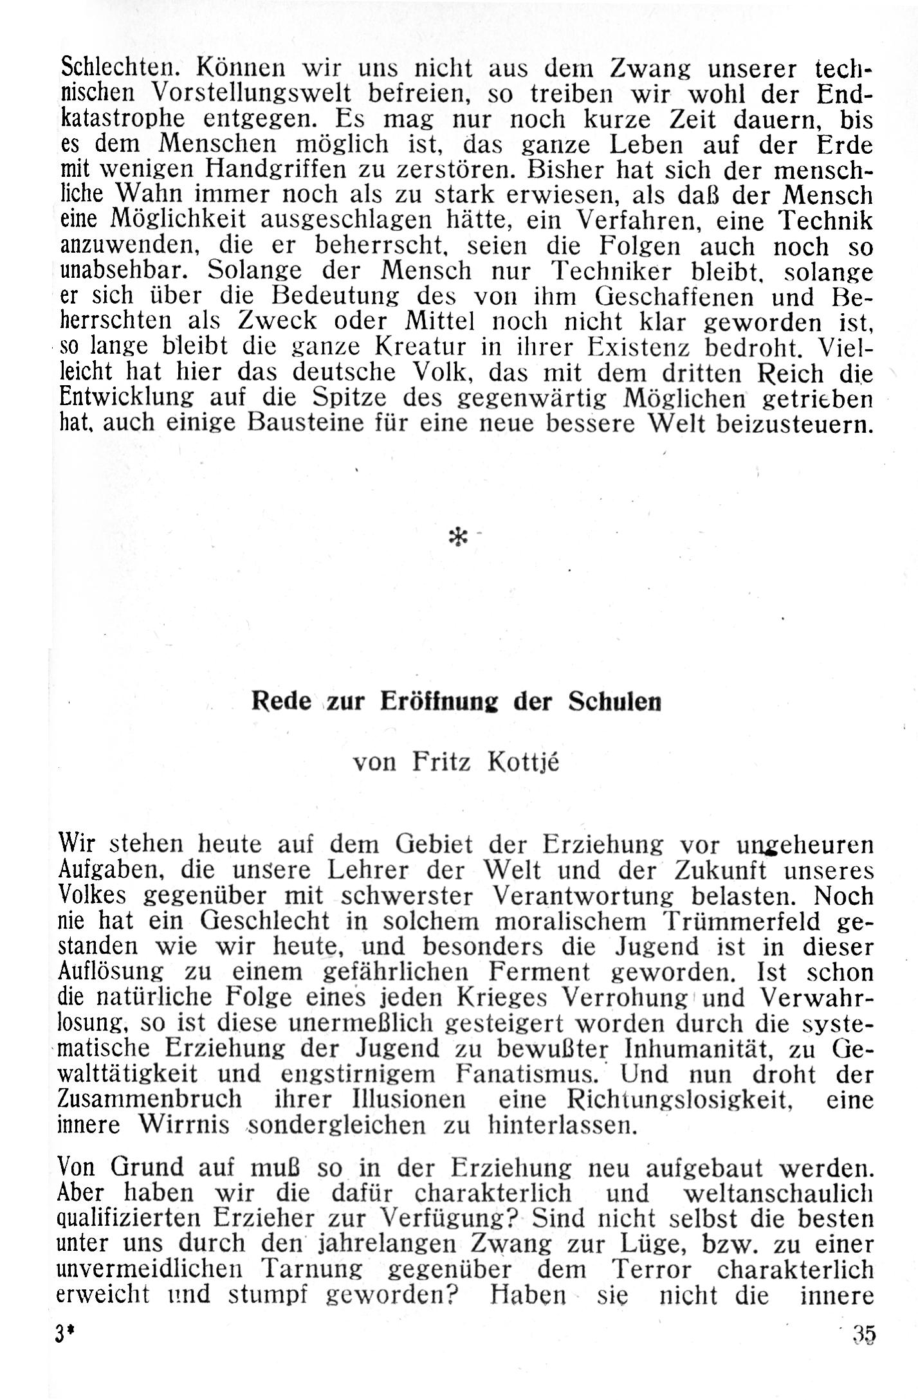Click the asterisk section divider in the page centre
point(458,538)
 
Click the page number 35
point(864,1334)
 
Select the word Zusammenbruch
point(149,1099)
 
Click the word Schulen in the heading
point(614,700)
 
